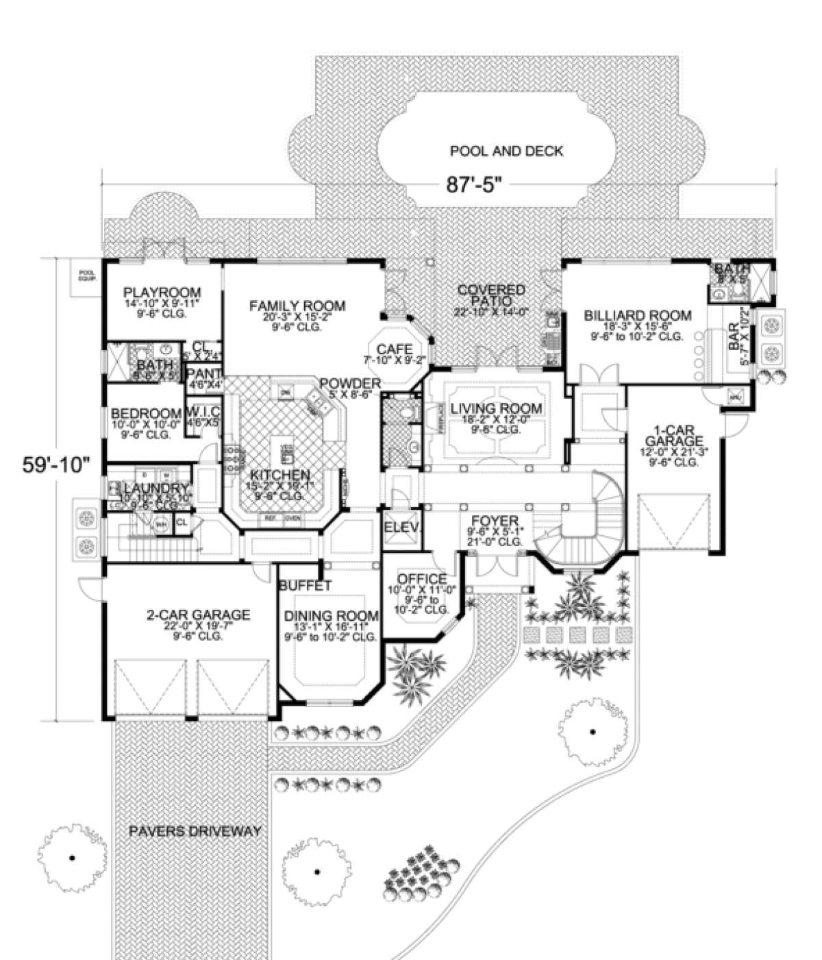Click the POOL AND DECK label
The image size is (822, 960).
point(506,151)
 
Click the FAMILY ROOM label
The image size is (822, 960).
point(297,306)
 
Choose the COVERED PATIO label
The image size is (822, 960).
point(492,295)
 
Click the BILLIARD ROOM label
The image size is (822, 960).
point(637,316)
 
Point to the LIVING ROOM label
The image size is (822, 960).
point(496,409)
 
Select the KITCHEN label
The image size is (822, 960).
point(279,474)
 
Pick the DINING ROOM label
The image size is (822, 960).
point(332,615)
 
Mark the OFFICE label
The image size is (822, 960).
point(422,579)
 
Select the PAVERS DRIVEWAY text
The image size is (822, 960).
point(195,831)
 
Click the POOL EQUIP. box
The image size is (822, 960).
point(86,275)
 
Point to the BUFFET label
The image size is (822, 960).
point(305,586)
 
